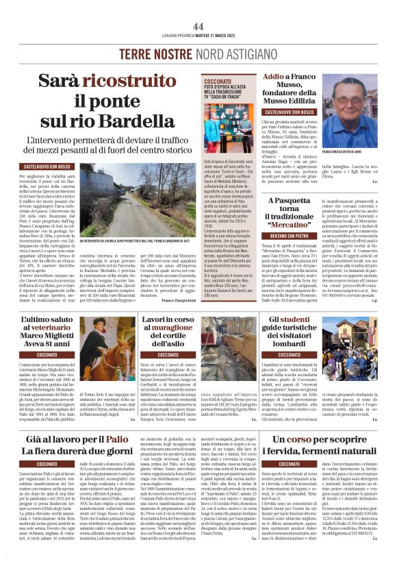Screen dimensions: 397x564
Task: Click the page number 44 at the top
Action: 198,26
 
